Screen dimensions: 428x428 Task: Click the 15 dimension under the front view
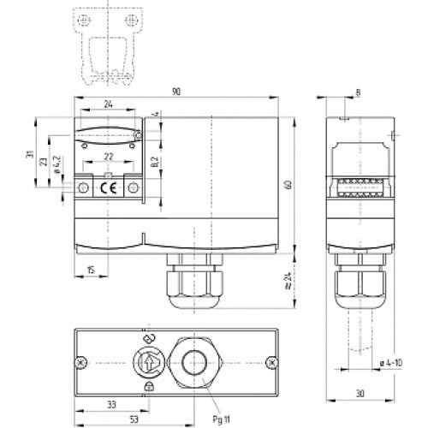pyautogui.click(x=92, y=271)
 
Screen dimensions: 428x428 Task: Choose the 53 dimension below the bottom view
pyautogui.click(x=113, y=419)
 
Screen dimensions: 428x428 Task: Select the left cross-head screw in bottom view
pyautogui.click(x=81, y=362)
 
